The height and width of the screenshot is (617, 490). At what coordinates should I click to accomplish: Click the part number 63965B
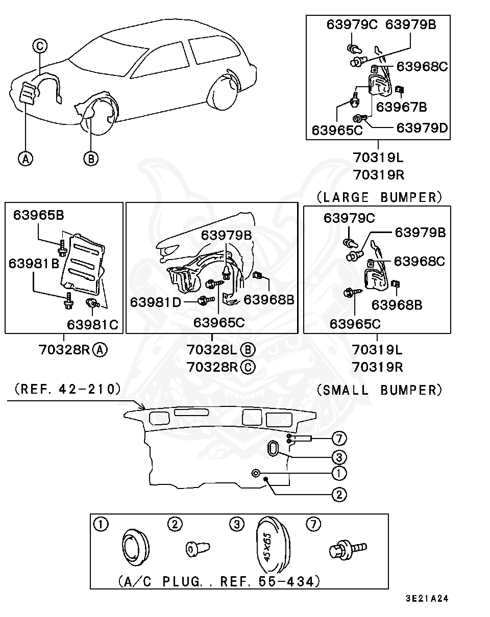pyautogui.click(x=38, y=215)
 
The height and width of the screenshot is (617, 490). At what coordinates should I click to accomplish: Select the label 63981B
pyautogui.click(x=34, y=263)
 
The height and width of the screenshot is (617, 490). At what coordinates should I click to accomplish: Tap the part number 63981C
pyautogui.click(x=92, y=324)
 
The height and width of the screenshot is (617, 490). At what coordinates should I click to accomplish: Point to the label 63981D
pyautogui.click(x=155, y=302)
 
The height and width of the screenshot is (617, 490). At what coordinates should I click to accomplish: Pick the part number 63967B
pyautogui.click(x=401, y=107)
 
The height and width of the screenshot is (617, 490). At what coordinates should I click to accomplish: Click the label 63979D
pyautogui.click(x=422, y=128)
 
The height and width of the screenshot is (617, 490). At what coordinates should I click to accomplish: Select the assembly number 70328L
pyautogui.click(x=212, y=349)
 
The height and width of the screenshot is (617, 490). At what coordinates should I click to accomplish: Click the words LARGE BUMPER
pyautogui.click(x=379, y=197)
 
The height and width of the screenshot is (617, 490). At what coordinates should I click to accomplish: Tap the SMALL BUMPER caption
pyautogui.click(x=379, y=390)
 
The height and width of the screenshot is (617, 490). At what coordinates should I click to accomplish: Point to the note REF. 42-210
pyautogui.click(x=68, y=389)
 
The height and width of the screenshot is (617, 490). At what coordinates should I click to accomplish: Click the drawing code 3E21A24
pyautogui.click(x=427, y=598)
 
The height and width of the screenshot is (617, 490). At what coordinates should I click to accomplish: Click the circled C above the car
pyautogui.click(x=40, y=46)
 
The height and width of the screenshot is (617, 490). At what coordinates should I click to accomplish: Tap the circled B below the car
pyautogui.click(x=91, y=158)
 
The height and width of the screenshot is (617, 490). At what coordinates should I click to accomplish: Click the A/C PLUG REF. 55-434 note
pyautogui.click(x=219, y=581)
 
